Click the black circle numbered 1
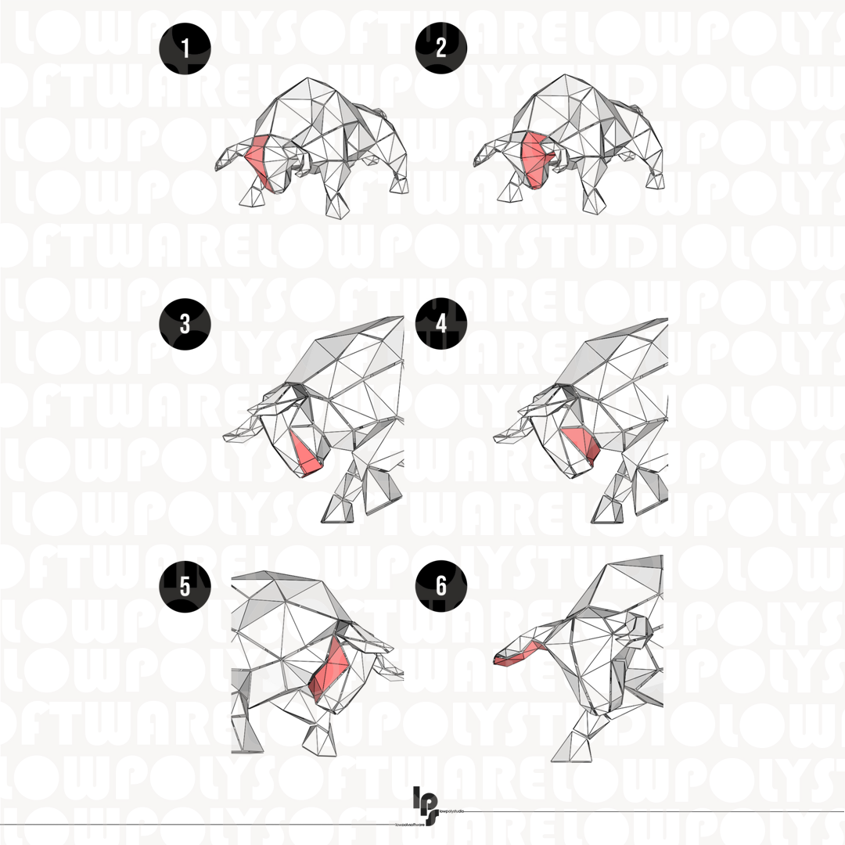[185, 49]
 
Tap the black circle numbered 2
[441, 49]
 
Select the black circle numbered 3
[185, 324]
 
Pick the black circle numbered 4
[441, 324]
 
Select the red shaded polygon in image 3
[307, 454]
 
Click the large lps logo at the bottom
[427, 804]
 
